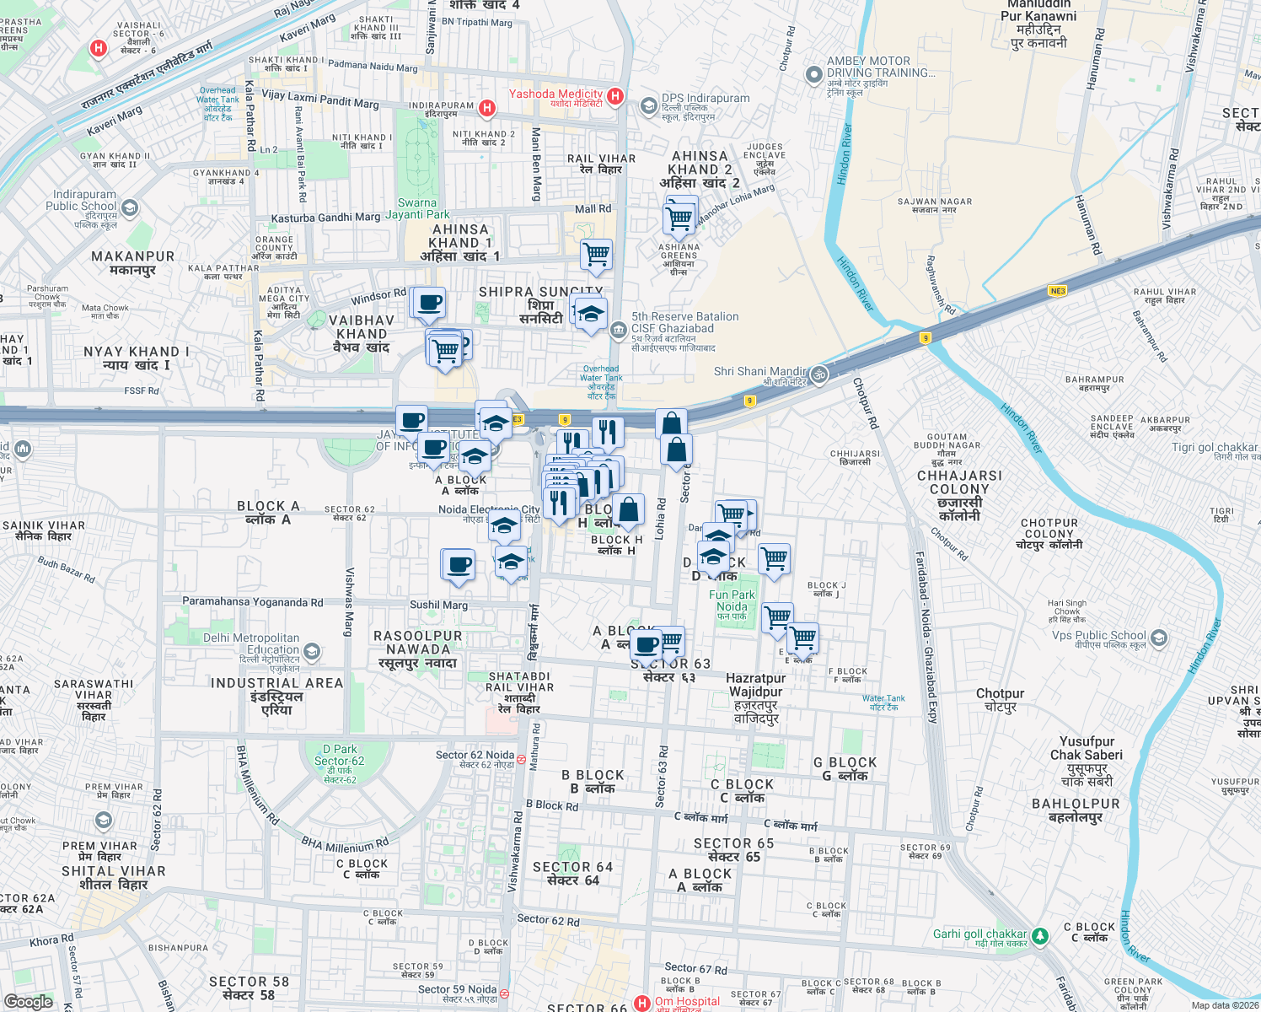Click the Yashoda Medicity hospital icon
615,96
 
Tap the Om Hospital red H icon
642,1003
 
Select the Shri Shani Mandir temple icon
818,374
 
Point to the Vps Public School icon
1159,638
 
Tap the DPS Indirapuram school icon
648,105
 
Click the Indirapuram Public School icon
129,207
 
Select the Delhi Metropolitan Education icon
312,651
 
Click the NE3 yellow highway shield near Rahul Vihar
1057,291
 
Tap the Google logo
28,1002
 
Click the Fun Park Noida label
732,600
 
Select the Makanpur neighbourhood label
133,262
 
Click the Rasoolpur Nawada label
418,649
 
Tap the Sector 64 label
572,874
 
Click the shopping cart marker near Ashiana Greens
679,218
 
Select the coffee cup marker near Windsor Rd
429,302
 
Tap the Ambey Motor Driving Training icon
813,75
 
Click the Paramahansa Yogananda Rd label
253,602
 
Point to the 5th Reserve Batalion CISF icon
619,329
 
